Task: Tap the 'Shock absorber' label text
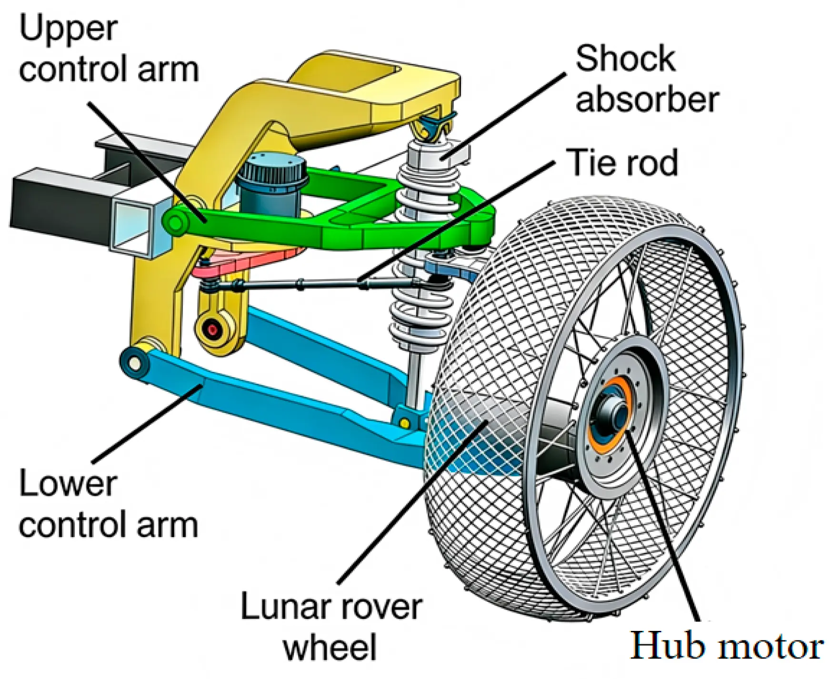647,80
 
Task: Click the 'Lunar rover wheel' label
331,626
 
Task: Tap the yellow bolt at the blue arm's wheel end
405,422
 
